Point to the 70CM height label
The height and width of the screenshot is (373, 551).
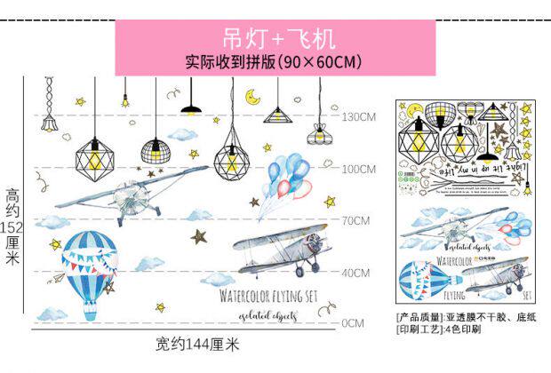click(355, 219)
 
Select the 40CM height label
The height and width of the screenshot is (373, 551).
click(355, 272)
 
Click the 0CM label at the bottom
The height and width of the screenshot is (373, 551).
click(352, 322)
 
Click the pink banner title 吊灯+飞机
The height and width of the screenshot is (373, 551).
click(266, 40)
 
